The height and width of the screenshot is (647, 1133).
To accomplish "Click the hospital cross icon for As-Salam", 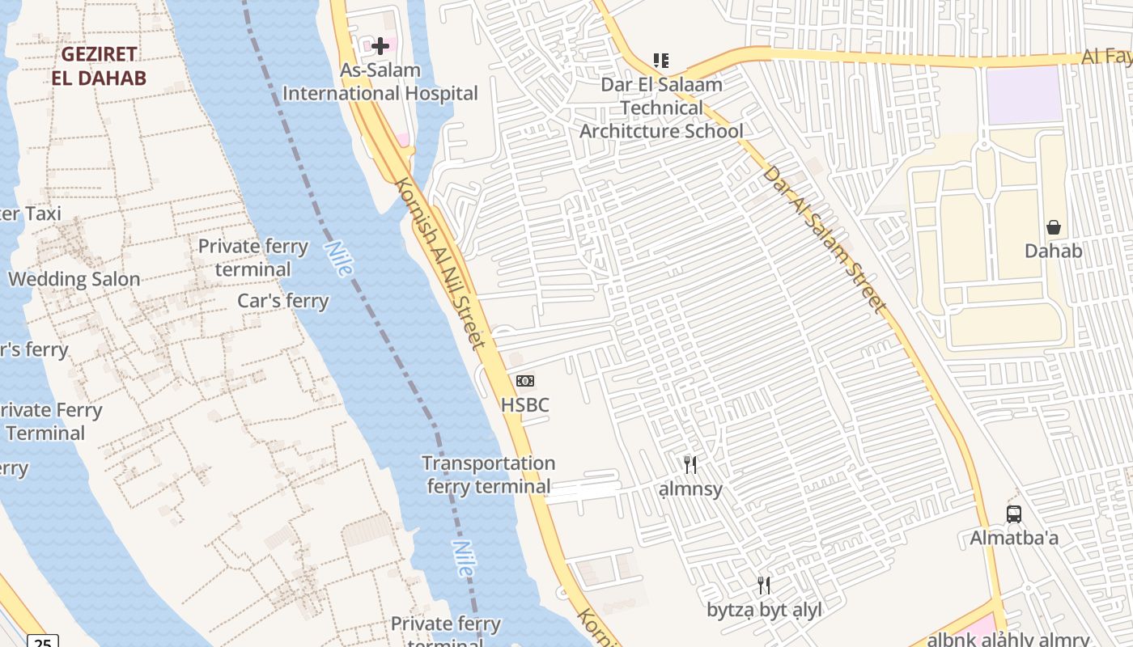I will [x=380, y=45].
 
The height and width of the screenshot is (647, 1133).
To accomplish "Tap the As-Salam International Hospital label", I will [x=380, y=82].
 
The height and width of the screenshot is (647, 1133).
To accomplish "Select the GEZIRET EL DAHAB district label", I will [x=99, y=66].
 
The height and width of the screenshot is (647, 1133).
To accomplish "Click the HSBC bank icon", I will [x=525, y=381].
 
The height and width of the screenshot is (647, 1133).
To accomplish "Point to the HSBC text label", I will [x=525, y=404].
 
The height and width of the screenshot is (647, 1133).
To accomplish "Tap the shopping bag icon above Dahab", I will [x=1054, y=227].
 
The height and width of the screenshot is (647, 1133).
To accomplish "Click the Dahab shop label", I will [x=1054, y=251].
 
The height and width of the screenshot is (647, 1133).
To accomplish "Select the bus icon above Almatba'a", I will [x=1014, y=514].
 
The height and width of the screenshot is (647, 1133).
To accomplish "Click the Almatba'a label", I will [x=1014, y=538].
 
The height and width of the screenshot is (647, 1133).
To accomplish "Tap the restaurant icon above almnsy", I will [x=690, y=464].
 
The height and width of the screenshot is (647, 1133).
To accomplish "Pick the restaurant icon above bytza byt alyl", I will [x=764, y=586].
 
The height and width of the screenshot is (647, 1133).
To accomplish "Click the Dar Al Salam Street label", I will [x=825, y=239].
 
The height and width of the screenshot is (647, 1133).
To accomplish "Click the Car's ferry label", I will [x=283, y=301].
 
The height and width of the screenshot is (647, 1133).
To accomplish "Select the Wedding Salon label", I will [x=74, y=279].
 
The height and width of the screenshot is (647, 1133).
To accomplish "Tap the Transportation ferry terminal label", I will [x=489, y=475].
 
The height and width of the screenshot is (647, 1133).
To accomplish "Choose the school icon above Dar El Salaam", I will [x=661, y=61].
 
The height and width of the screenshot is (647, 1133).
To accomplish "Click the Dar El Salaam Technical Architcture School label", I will [x=661, y=108].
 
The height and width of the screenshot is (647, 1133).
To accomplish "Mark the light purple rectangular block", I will [x=1024, y=95].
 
